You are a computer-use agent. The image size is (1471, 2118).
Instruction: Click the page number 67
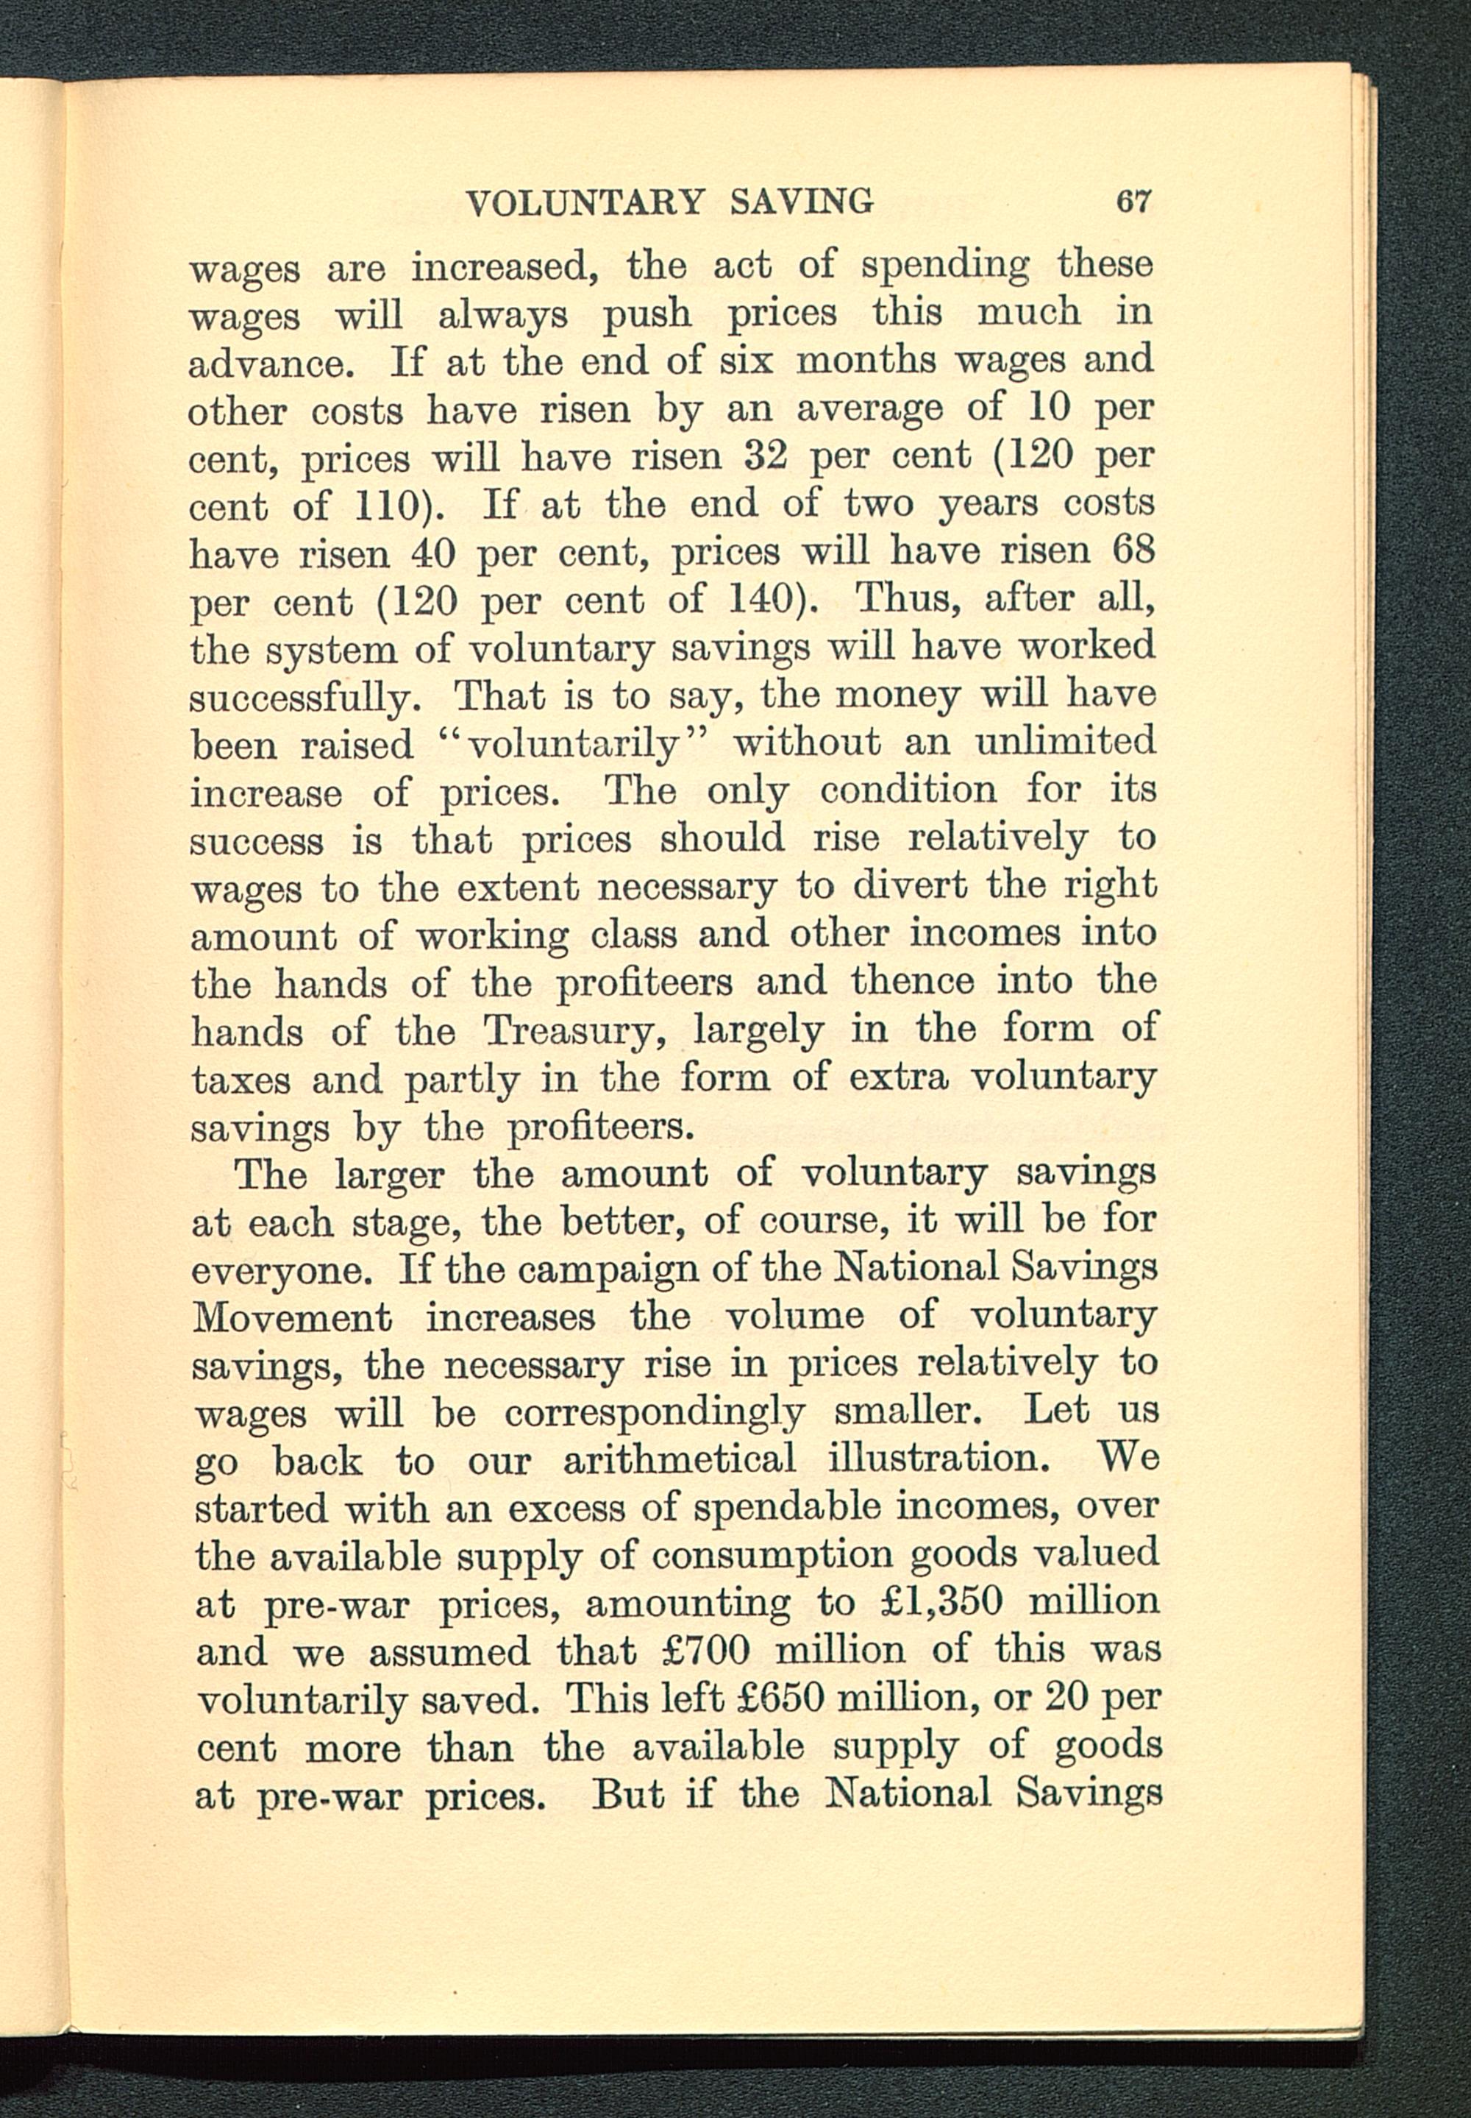(x=1133, y=200)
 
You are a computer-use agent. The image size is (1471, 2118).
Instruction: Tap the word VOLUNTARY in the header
(x=585, y=202)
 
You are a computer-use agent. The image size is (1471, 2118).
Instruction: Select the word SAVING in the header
(x=802, y=200)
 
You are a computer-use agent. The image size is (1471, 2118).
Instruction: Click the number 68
(x=1133, y=550)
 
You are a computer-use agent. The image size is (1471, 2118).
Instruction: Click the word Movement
(x=292, y=1316)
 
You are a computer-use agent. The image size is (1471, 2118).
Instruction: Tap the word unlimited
(x=1064, y=743)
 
